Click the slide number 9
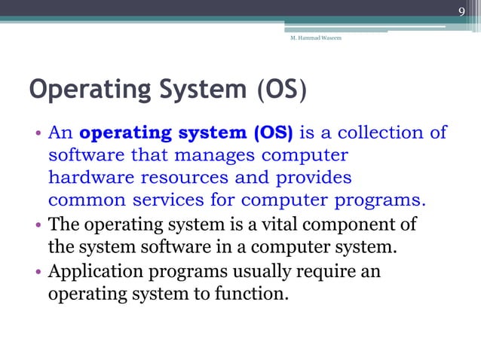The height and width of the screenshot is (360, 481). click(462, 11)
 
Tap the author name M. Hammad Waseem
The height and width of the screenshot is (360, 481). click(315, 38)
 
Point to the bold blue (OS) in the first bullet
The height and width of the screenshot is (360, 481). click(274, 134)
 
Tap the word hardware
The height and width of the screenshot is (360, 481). click(85, 179)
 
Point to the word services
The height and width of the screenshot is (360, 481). click(174, 202)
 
